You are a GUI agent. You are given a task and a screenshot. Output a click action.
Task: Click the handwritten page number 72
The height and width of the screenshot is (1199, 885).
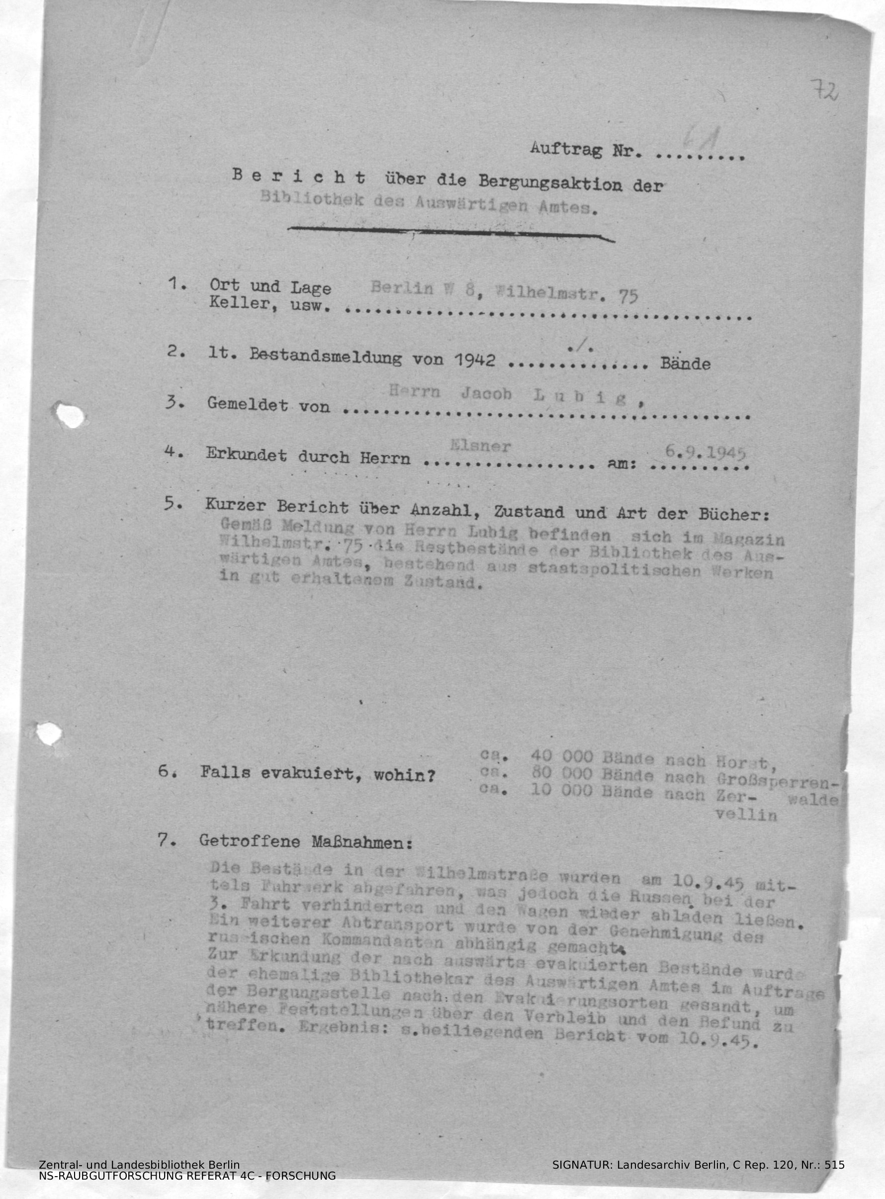824,91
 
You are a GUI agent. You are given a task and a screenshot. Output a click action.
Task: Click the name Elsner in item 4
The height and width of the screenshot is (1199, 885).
481,446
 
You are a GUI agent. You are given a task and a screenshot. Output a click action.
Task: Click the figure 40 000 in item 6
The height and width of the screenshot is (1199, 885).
561,756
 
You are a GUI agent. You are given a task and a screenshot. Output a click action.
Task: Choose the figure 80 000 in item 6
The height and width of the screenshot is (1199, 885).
561,774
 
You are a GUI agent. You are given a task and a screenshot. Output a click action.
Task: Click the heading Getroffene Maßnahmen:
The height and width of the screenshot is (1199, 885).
305,841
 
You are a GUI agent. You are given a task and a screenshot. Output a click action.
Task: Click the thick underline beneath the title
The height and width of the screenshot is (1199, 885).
450,233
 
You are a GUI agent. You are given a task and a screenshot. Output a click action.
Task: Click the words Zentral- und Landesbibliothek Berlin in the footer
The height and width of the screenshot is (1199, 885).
139,1180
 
